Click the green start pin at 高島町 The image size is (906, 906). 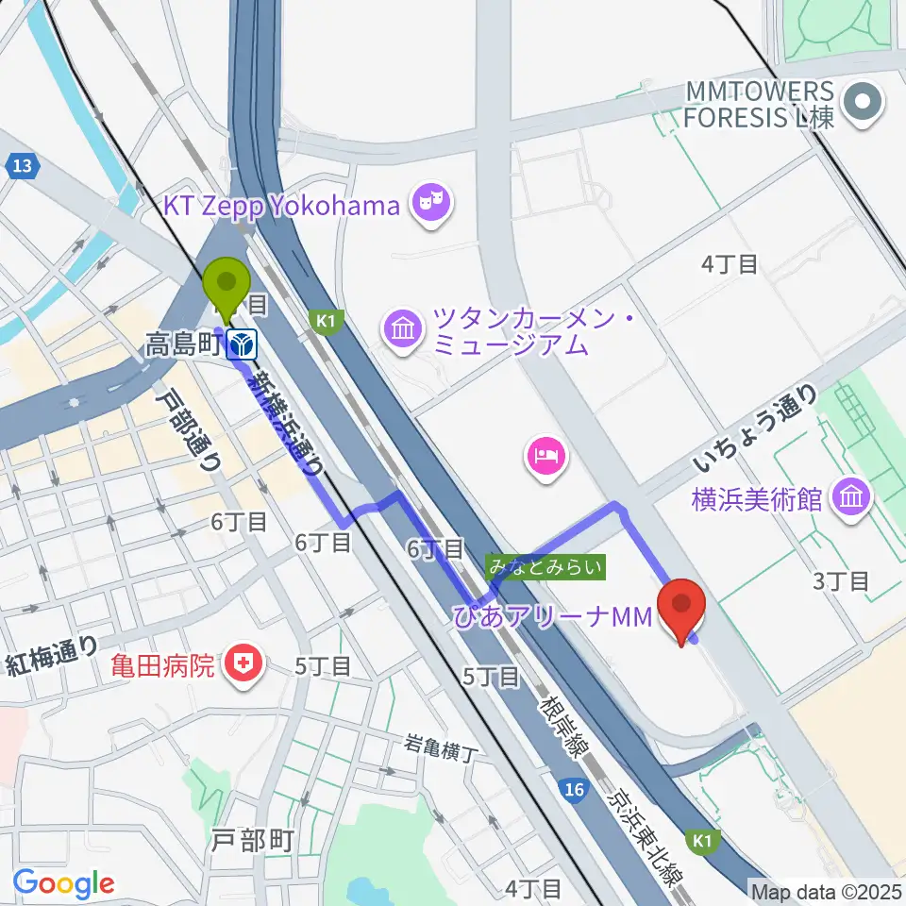tap(227, 286)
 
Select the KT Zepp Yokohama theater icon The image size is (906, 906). tap(433, 201)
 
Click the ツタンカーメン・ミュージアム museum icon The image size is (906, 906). tap(404, 329)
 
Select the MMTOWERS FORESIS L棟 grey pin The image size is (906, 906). tap(862, 105)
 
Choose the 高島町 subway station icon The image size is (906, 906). tap(243, 345)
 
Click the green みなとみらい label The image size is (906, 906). tap(545, 567)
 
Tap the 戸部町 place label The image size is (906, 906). tap(253, 840)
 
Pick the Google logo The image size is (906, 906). tap(63, 883)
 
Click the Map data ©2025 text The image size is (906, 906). tap(826, 890)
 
